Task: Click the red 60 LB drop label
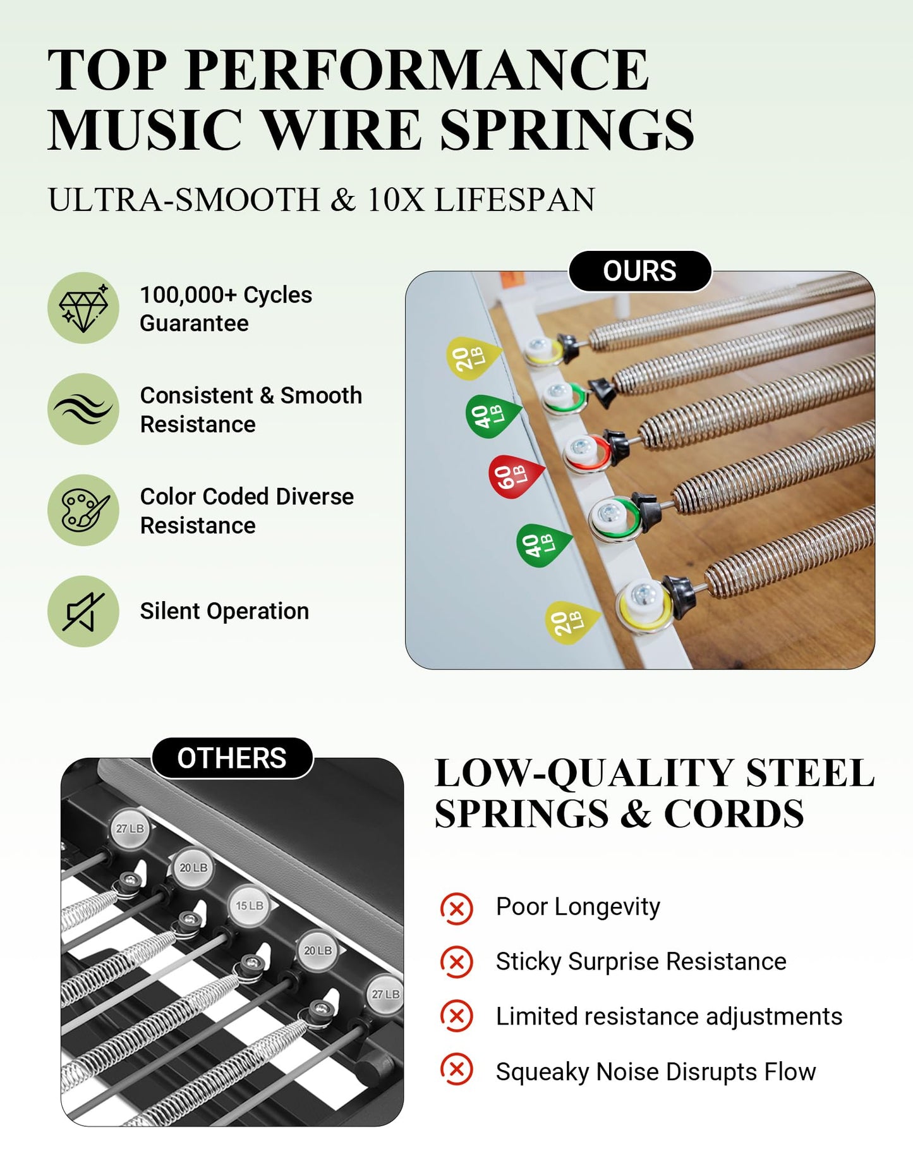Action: coord(515,476)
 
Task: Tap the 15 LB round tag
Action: coord(250,906)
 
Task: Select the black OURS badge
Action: coord(640,271)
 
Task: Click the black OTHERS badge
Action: coord(232,758)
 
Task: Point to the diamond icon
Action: coord(83,308)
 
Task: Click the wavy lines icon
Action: coord(83,409)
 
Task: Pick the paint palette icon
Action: coord(83,510)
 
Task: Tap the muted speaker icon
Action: coord(83,611)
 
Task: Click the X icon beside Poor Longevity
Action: coord(456,908)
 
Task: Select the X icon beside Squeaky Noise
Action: coord(456,1069)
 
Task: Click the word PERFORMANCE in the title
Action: coord(418,70)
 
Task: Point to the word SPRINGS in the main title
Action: coord(567,129)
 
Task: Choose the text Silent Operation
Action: coord(224,611)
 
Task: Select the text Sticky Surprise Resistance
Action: coord(641,961)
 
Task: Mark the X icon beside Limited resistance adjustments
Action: coord(456,1016)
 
